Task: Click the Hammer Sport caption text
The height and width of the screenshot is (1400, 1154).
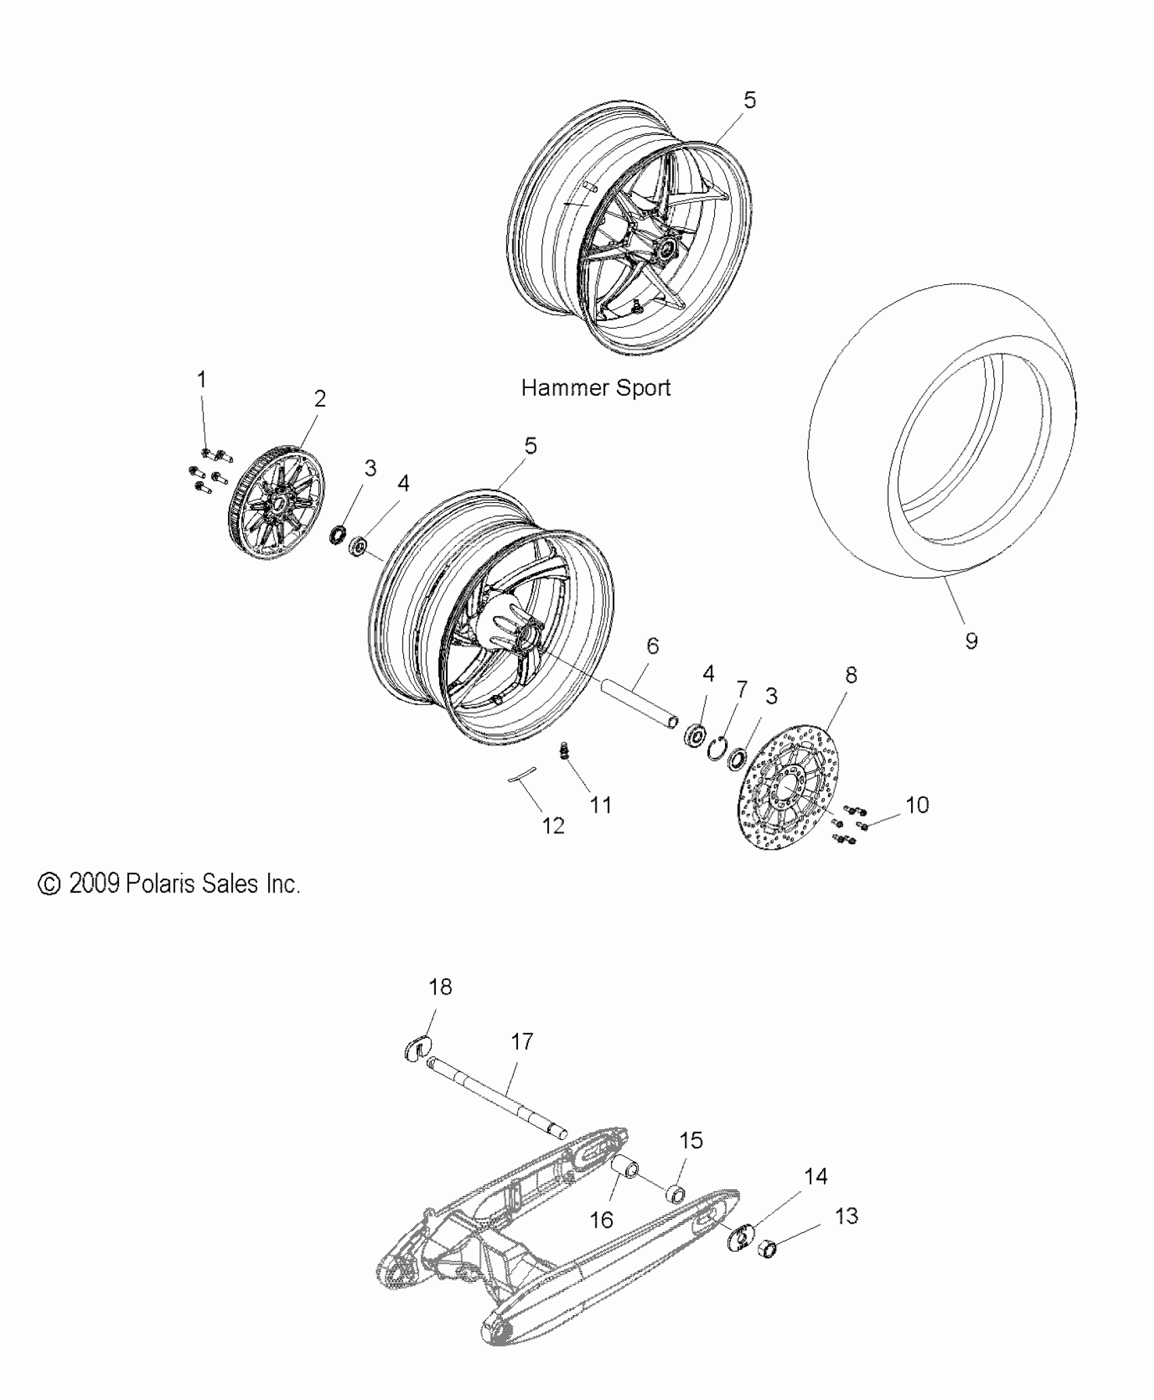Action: click(595, 388)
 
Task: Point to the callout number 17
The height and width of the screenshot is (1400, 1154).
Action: click(522, 1042)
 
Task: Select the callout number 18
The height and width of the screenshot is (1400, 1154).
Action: click(441, 987)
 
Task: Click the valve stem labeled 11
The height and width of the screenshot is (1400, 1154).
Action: click(563, 752)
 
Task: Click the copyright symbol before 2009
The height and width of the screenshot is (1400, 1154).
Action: click(49, 884)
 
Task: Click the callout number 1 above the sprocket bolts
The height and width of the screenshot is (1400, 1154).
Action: click(202, 380)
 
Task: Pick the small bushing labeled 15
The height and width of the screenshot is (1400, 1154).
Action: click(675, 1192)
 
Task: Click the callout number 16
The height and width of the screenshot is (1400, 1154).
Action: click(601, 1219)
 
